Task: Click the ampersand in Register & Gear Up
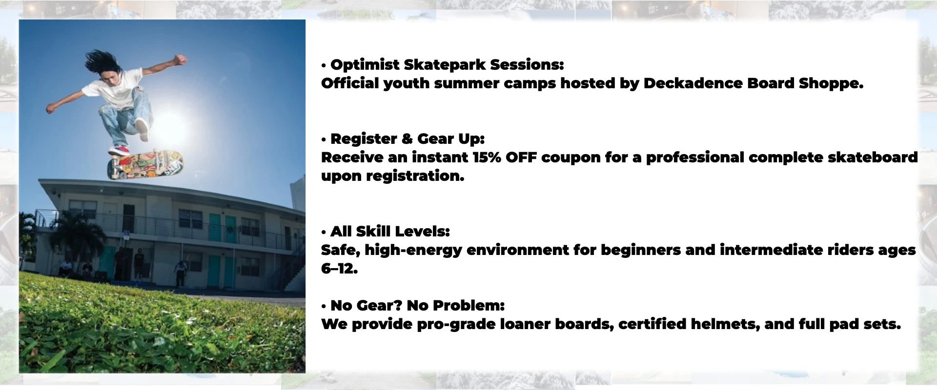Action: click(407, 139)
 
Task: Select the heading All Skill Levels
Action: click(390, 232)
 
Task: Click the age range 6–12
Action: click(339, 269)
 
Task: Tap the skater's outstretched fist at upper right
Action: click(181, 60)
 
